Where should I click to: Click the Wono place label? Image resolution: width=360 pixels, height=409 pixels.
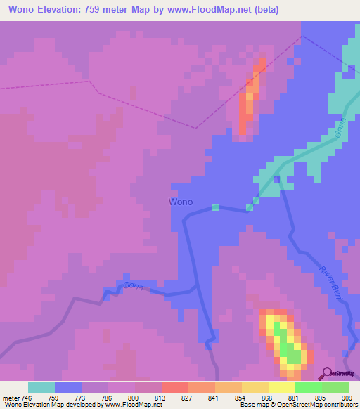pyautogui.click(x=181, y=202)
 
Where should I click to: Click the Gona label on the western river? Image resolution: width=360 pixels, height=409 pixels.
pyautogui.click(x=137, y=287)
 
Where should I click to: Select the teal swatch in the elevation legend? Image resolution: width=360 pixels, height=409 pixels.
pyautogui.click(x=41, y=387)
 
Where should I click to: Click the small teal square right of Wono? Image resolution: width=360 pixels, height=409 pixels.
pyautogui.click(x=215, y=207)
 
